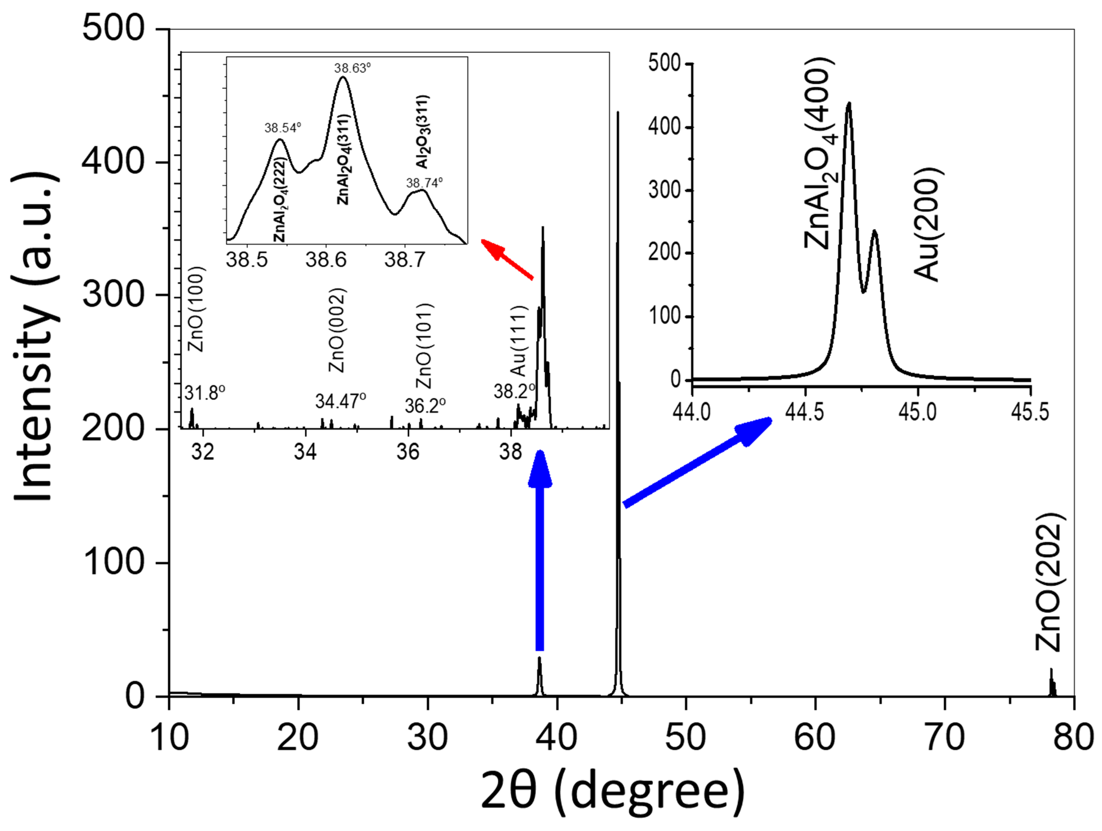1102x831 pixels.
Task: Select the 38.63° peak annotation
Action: click(352, 68)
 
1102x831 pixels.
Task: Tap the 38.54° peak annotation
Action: click(282, 128)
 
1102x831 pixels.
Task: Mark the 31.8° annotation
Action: click(205, 393)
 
